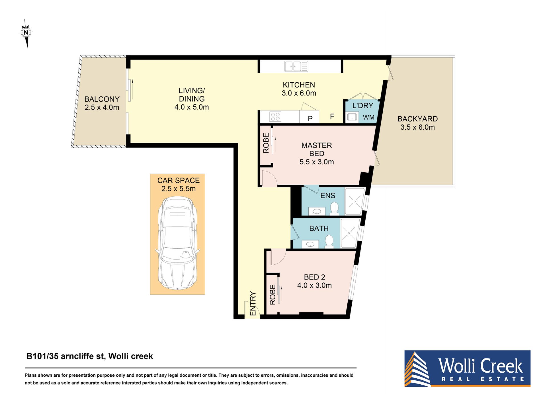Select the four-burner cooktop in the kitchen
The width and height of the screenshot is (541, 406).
(275, 117)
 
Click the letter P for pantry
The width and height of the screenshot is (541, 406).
(310, 118)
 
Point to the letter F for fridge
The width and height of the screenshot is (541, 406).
(332, 116)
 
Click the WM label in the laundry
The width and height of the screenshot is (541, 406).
(368, 117)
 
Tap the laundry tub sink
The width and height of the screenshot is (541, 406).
(352, 117)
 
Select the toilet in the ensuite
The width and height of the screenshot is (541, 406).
(334, 208)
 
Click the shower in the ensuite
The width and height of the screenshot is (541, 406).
(355, 201)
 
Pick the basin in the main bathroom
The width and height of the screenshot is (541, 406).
(310, 244)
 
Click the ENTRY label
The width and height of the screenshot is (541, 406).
(253, 303)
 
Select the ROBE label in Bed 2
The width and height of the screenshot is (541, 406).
(272, 295)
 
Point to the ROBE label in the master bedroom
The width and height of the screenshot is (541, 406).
(266, 143)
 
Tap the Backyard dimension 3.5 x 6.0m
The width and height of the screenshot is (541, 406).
(417, 127)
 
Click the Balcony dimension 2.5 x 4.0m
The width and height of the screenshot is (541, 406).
(102, 107)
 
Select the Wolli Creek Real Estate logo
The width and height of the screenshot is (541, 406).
(467, 368)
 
